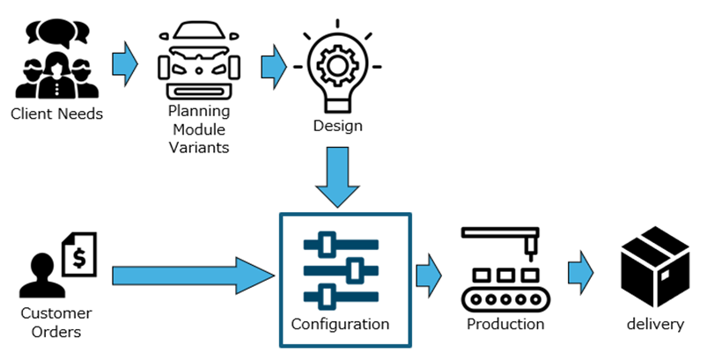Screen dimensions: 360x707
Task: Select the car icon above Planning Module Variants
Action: pyautogui.click(x=198, y=66)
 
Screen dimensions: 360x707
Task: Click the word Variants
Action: pyautogui.click(x=198, y=147)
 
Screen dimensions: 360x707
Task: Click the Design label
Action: pyautogui.click(x=337, y=126)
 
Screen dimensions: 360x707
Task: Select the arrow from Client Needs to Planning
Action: pyautogui.click(x=126, y=63)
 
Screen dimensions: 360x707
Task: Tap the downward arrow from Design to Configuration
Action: pyautogui.click(x=338, y=175)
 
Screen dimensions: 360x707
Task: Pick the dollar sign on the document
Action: pyautogui.click(x=81, y=257)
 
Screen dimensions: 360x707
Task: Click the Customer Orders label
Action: pyautogui.click(x=56, y=322)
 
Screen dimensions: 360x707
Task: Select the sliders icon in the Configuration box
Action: pyautogui.click(x=340, y=268)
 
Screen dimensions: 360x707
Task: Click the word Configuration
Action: pyautogui.click(x=340, y=324)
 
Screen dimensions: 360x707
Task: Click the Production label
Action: pyautogui.click(x=505, y=324)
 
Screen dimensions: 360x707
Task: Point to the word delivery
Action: pyautogui.click(x=655, y=324)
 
